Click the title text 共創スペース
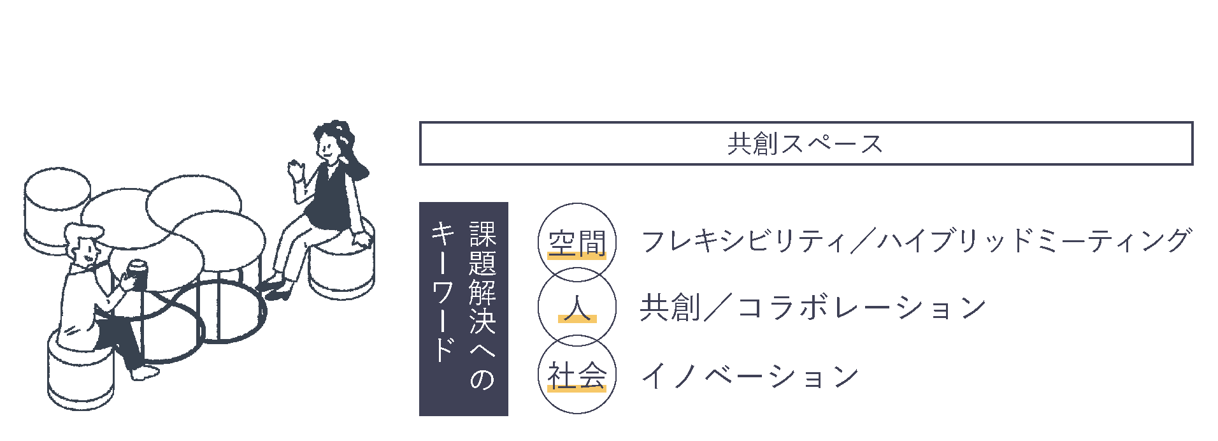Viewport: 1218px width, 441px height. coord(805,144)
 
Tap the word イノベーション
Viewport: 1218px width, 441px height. coord(750,376)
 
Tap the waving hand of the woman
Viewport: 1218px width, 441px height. coord(296,170)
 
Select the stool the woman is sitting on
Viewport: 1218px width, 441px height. coord(341,261)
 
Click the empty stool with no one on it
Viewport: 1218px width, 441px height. coord(57,210)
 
